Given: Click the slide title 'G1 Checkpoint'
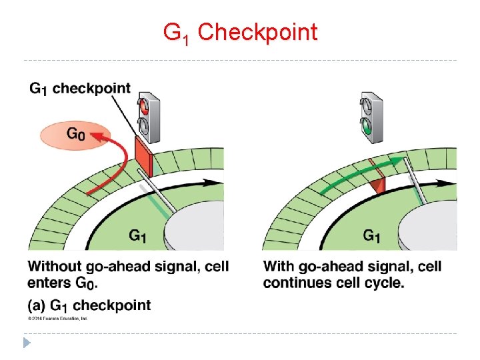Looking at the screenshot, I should [x=241, y=32].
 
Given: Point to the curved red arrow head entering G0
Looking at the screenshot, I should [x=97, y=137].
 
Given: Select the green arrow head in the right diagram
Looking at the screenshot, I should [x=399, y=160].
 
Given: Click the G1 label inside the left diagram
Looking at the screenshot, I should [x=138, y=235].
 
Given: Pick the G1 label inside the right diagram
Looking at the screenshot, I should [x=372, y=235].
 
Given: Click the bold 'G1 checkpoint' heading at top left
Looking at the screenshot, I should [x=80, y=89].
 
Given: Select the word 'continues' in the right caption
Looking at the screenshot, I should [x=293, y=283].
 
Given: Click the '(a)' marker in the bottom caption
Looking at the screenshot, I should [x=37, y=305].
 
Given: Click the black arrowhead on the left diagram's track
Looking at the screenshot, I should [x=219, y=181].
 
